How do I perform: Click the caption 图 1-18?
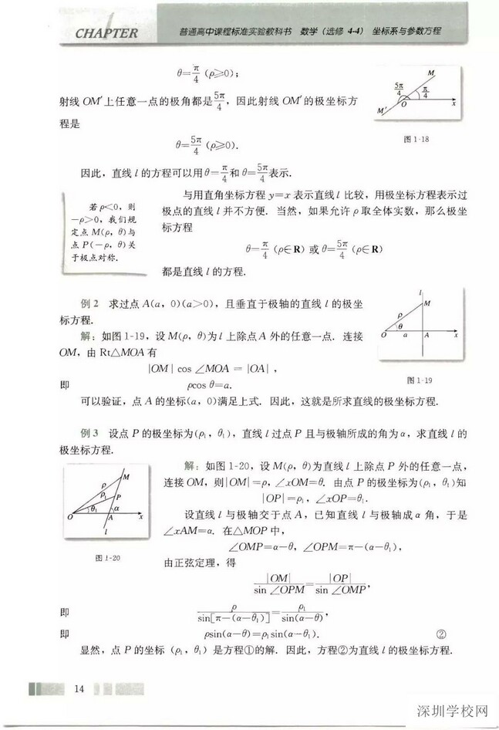tap(416, 139)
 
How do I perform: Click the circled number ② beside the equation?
tap(441, 634)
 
